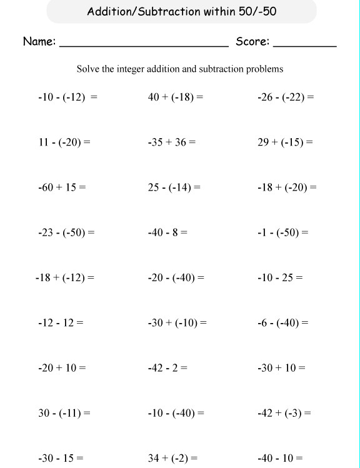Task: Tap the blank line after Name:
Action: (x=144, y=46)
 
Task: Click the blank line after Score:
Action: (x=305, y=46)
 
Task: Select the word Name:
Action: (x=39, y=42)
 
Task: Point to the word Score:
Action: (x=252, y=42)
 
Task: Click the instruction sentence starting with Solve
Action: (x=180, y=69)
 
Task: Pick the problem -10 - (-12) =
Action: (x=67, y=97)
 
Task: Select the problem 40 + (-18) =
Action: (x=176, y=97)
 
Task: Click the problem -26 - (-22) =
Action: (x=286, y=97)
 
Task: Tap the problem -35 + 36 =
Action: (x=172, y=142)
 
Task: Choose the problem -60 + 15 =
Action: (x=62, y=187)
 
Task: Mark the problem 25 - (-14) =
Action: (x=174, y=187)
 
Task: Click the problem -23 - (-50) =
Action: (x=66, y=233)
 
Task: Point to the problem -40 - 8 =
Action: (x=167, y=233)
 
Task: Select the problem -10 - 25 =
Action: (x=280, y=278)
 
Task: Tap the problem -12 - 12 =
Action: (x=61, y=323)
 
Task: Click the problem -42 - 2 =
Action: (x=167, y=368)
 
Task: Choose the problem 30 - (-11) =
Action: (x=64, y=413)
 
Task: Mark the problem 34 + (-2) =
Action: (x=173, y=459)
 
